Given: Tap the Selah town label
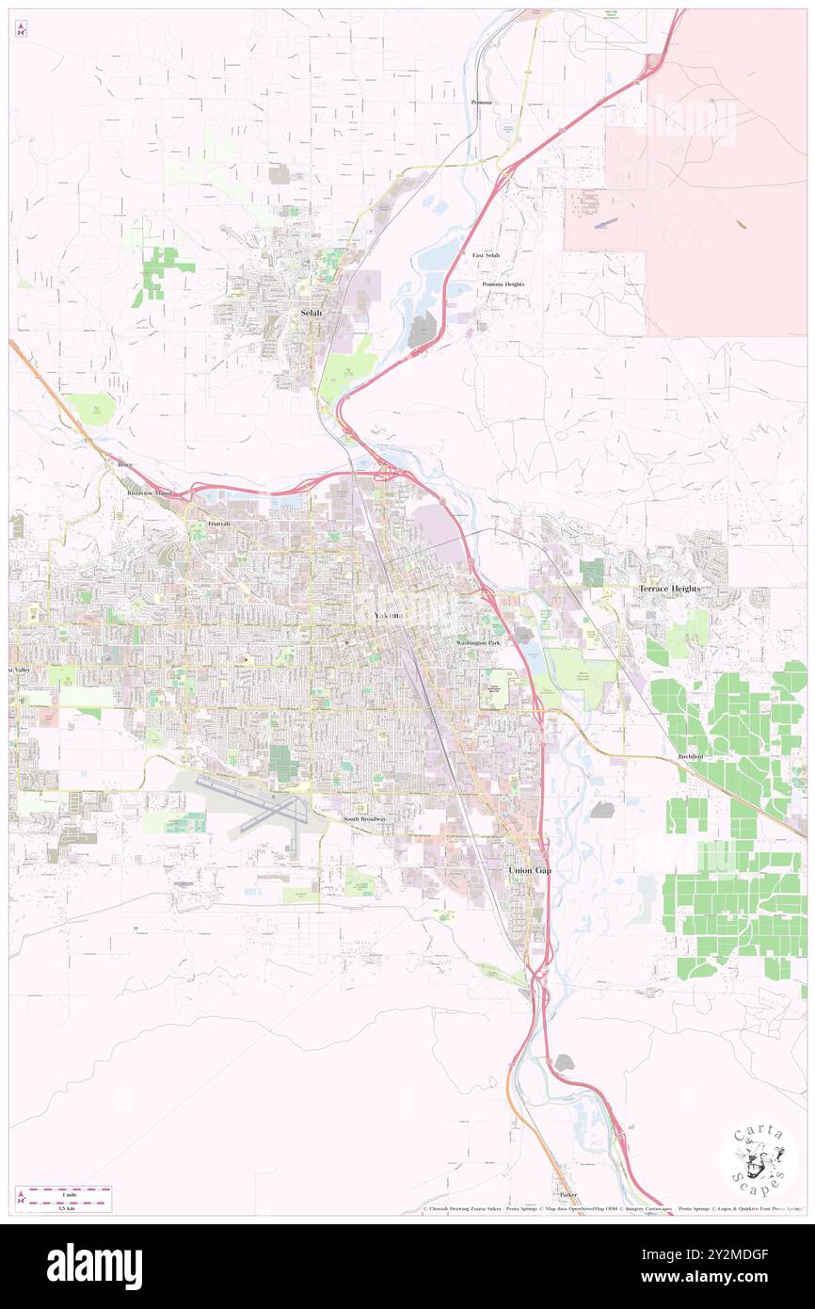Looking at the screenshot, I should [x=311, y=313].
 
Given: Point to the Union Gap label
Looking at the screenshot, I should [x=529, y=870].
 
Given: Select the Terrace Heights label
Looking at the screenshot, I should [x=669, y=589].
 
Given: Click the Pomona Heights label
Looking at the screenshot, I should [x=503, y=283].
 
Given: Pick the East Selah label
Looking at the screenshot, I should [x=486, y=255].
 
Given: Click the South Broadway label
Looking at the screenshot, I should [x=364, y=819].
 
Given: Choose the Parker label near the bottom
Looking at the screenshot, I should [x=567, y=1194].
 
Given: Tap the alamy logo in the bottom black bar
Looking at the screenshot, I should [x=94, y=1266].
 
